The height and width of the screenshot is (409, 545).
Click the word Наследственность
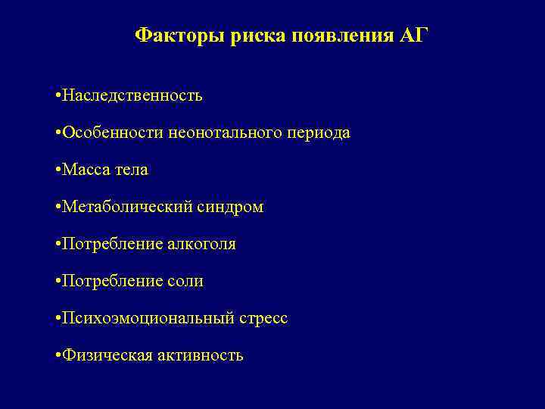pyautogui.click(x=132, y=95)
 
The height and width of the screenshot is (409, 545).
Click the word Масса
pyautogui.click(x=85, y=170)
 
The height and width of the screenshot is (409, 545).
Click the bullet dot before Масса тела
pyautogui.click(x=58, y=170)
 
